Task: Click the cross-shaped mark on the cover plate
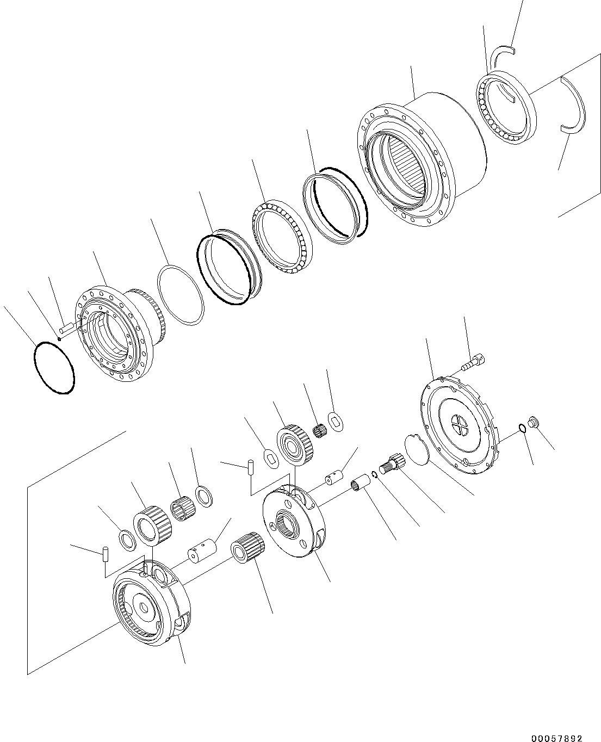coord(460,426)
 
